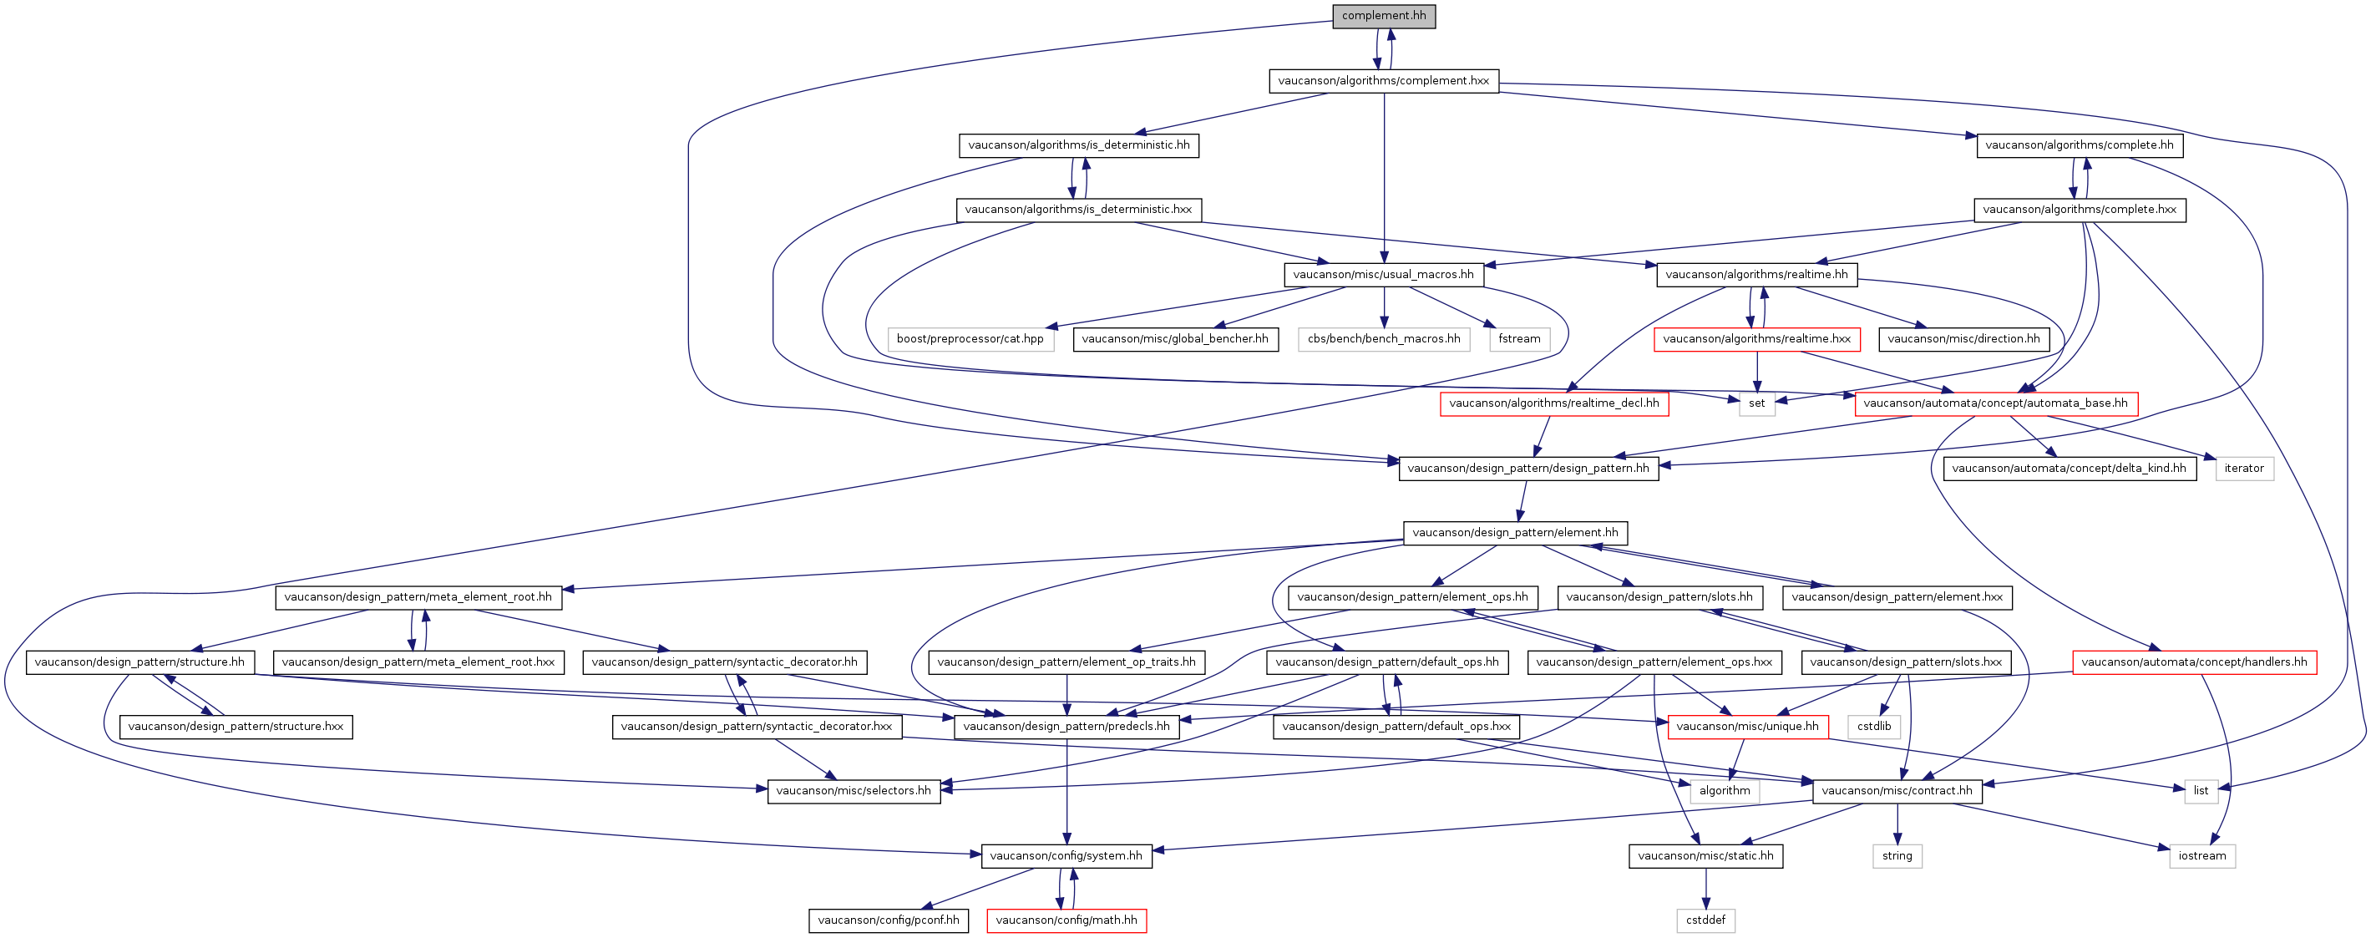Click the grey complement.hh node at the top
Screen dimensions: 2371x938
coord(1383,16)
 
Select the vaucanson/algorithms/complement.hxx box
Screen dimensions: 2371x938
coord(1383,81)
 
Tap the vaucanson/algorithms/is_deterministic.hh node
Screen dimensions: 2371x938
coord(1079,145)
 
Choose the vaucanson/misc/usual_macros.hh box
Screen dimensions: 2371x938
coord(1383,274)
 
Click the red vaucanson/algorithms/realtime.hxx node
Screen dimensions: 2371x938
coord(1757,339)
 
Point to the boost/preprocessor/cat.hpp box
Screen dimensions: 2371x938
coord(970,339)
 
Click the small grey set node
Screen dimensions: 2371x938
coord(1757,403)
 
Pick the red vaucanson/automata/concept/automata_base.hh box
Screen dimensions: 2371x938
coord(1995,403)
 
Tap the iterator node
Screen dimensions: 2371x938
coord(2244,469)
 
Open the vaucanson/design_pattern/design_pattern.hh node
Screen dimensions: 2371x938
coord(1529,469)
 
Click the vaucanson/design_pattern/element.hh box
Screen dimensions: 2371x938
coord(1515,533)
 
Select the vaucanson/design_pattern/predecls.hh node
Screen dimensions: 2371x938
coord(1066,727)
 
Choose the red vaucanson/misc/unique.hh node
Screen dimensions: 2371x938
coord(1748,727)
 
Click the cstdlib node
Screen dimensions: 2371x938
coord(1874,727)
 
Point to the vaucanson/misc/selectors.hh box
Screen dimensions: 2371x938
coord(854,791)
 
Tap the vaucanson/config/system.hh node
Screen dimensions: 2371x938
coord(1066,856)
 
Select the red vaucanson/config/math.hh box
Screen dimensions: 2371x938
coord(1066,920)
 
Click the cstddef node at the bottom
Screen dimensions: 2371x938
coord(1705,920)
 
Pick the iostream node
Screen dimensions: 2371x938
coord(2202,856)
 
